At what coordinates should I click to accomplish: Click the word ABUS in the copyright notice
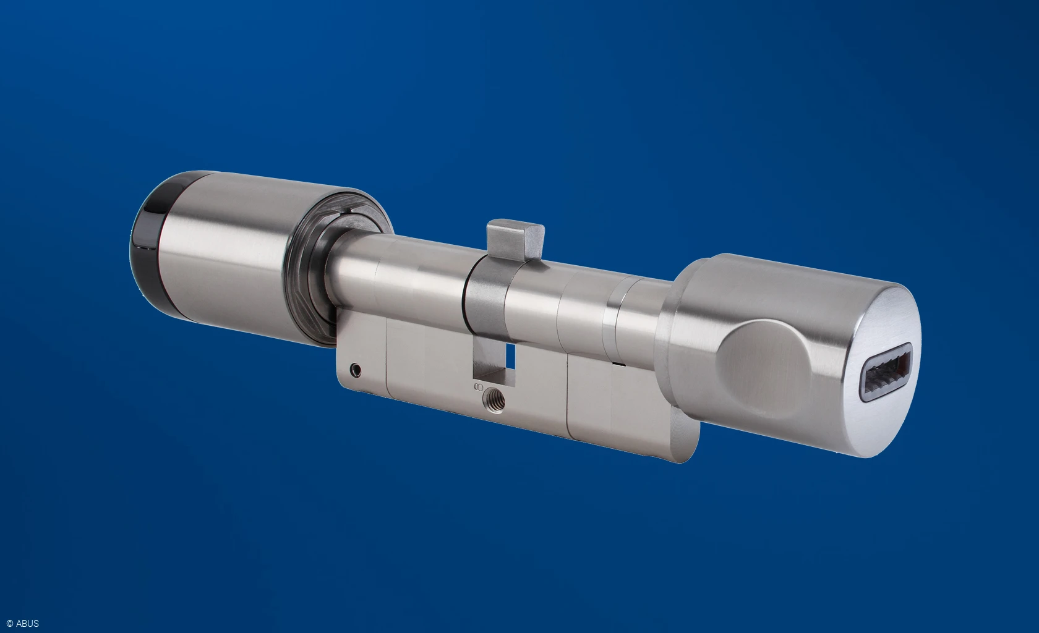(27, 624)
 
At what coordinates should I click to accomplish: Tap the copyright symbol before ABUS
(9, 624)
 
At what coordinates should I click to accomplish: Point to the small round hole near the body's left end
(355, 369)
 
